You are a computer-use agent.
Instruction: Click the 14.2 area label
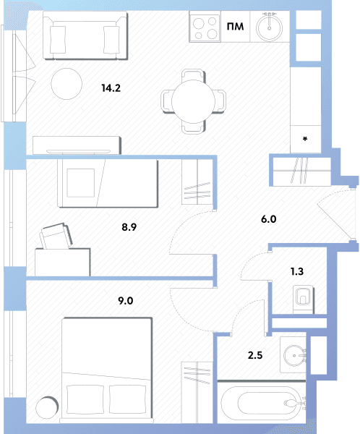(111, 88)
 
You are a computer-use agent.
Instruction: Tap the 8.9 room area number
(129, 227)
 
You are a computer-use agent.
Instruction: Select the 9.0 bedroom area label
(126, 301)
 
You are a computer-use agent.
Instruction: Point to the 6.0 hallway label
(269, 219)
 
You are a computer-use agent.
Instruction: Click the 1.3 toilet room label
(297, 271)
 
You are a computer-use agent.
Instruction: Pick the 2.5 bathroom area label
(255, 355)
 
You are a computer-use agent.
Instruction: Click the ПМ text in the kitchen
(235, 27)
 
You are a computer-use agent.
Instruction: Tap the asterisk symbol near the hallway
(305, 139)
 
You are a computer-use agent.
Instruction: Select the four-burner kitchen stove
(205, 27)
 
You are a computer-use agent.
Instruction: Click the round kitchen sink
(269, 27)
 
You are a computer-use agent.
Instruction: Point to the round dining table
(193, 101)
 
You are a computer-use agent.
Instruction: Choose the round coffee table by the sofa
(67, 84)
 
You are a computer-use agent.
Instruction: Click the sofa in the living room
(85, 35)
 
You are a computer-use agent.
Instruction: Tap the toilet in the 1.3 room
(304, 299)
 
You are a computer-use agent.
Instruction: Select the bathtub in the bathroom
(262, 403)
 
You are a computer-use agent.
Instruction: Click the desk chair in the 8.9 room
(56, 236)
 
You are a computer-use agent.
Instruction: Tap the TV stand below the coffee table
(77, 145)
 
